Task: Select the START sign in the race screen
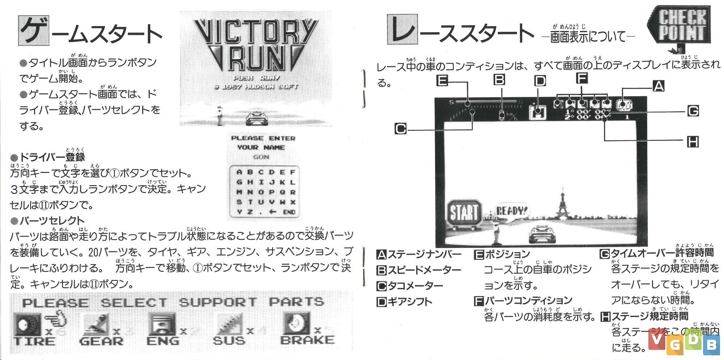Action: (x=464, y=213)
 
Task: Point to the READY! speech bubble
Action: (x=511, y=211)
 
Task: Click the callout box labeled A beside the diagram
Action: (x=658, y=86)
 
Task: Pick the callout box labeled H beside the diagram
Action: (x=693, y=141)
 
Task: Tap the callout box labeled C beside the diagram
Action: (x=401, y=129)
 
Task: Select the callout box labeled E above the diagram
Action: (x=442, y=80)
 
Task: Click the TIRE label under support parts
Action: (x=35, y=341)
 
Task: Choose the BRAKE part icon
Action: (x=296, y=323)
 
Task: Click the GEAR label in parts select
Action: (x=101, y=341)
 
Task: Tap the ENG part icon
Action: (x=162, y=323)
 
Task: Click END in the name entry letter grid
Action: (x=289, y=212)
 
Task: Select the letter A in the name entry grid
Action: (x=239, y=172)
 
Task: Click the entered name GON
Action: (x=261, y=157)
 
